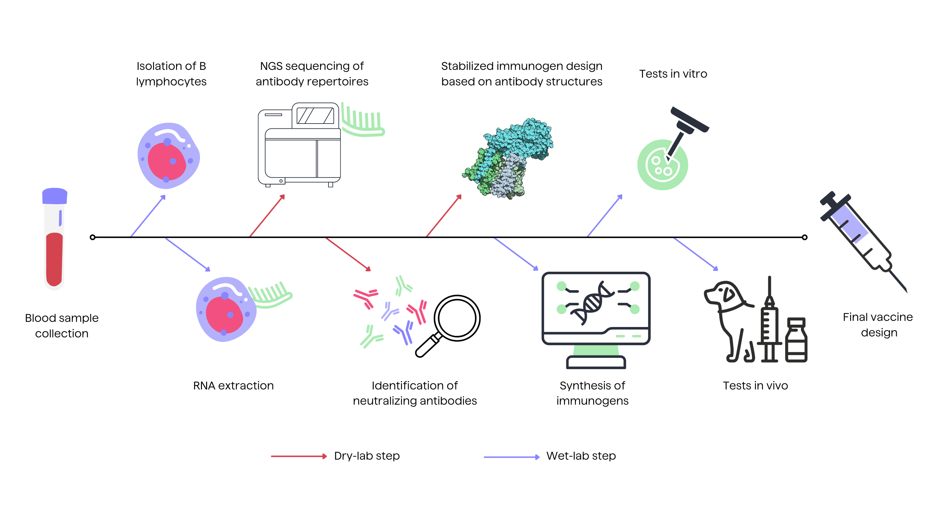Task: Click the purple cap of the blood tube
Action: click(55, 196)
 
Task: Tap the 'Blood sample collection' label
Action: click(62, 325)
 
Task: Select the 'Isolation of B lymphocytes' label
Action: click(171, 74)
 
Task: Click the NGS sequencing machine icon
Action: click(300, 145)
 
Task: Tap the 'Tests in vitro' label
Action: click(673, 74)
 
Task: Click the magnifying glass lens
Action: click(457, 318)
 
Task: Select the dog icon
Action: click(727, 318)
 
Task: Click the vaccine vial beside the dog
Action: click(796, 340)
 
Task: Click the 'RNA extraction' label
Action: click(233, 386)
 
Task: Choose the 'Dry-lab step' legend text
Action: click(367, 456)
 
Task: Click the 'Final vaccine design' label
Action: click(878, 325)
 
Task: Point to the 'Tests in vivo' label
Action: click(755, 386)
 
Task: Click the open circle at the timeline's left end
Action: click(93, 237)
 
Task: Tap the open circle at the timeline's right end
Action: click(804, 237)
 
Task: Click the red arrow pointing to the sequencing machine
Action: click(267, 216)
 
